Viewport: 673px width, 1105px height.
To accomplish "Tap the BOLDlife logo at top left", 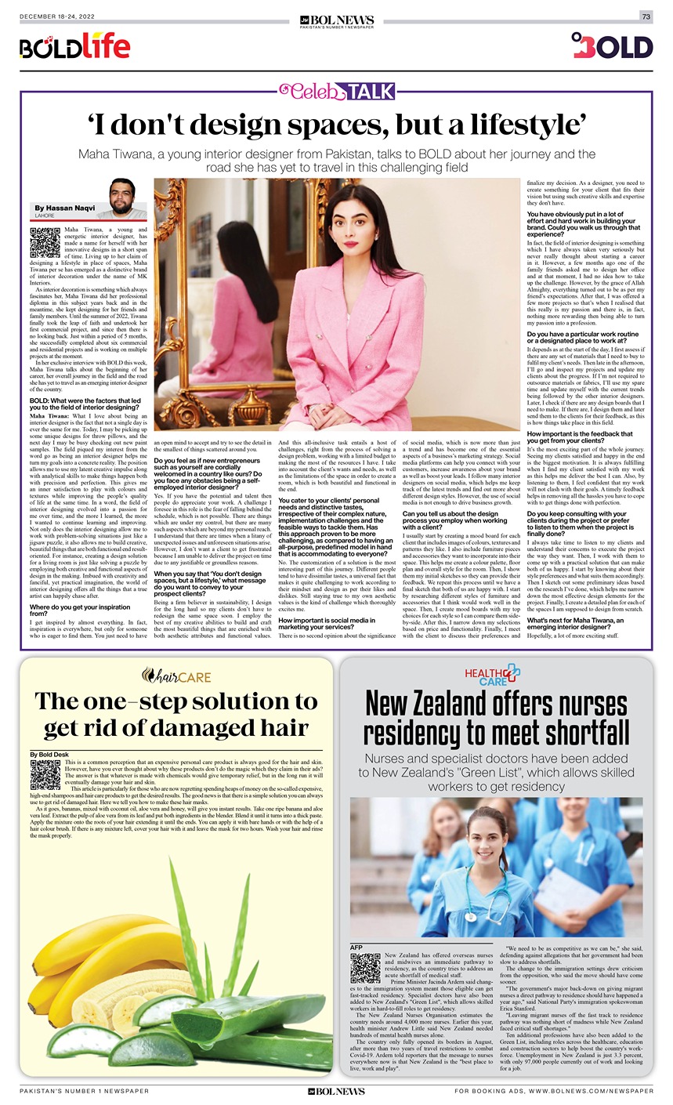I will [74, 47].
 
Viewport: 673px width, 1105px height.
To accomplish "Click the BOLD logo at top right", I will [612, 46].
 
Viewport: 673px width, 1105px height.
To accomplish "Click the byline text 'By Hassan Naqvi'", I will [66, 208].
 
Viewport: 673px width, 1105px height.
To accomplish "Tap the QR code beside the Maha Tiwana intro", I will [45, 242].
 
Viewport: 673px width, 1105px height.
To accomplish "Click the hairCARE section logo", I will [176, 675].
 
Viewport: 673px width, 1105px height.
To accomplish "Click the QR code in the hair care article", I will [45, 774].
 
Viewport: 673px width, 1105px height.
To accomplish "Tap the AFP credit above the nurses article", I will [357, 947].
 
